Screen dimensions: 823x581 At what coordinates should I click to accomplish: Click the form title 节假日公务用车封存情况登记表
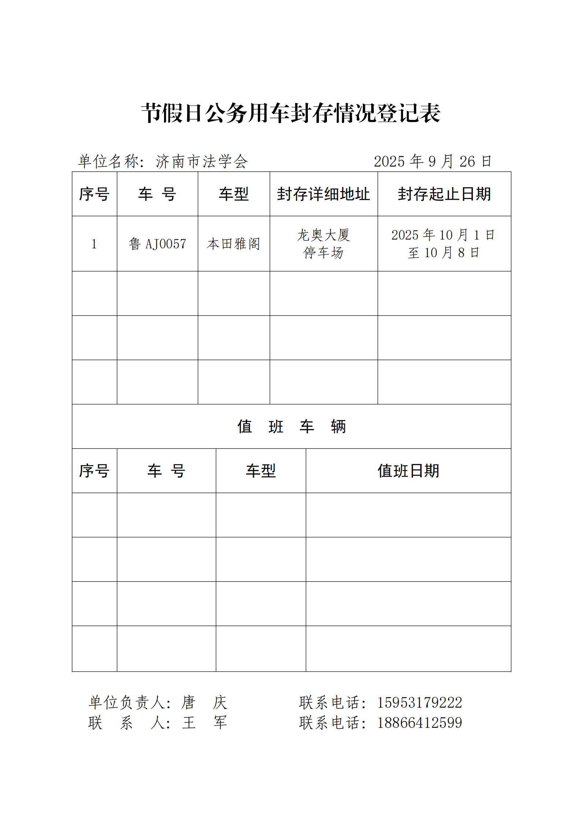tap(290, 113)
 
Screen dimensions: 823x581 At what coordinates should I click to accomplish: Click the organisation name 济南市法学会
tap(202, 161)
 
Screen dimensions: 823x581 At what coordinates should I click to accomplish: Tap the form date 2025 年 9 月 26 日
tap(432, 161)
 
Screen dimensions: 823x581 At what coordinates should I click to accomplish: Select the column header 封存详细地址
tap(323, 194)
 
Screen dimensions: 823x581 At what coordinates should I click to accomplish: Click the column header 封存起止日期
tap(444, 194)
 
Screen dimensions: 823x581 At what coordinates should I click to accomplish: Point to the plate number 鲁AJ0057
tap(157, 244)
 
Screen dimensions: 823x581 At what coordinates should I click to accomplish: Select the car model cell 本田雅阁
tap(234, 244)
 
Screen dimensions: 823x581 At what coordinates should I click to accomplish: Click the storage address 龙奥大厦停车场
tap(323, 244)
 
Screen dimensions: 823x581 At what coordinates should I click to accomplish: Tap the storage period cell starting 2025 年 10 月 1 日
tap(443, 243)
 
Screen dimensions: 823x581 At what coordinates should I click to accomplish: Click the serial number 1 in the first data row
tap(94, 244)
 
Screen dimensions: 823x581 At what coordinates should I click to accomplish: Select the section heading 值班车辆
tap(291, 426)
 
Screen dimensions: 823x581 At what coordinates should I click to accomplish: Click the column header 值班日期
tap(408, 471)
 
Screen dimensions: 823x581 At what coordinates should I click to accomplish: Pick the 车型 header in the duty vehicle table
tap(260, 471)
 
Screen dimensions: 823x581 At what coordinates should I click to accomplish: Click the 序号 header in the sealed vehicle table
tap(94, 194)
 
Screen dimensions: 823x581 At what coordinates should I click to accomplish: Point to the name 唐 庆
tap(204, 702)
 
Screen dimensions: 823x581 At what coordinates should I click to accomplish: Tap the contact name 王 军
tap(204, 723)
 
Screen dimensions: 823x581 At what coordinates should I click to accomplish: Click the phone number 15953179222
tap(420, 702)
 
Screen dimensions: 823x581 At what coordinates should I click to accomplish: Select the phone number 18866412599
tap(420, 723)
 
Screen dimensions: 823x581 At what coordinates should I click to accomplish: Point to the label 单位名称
tap(109, 161)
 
